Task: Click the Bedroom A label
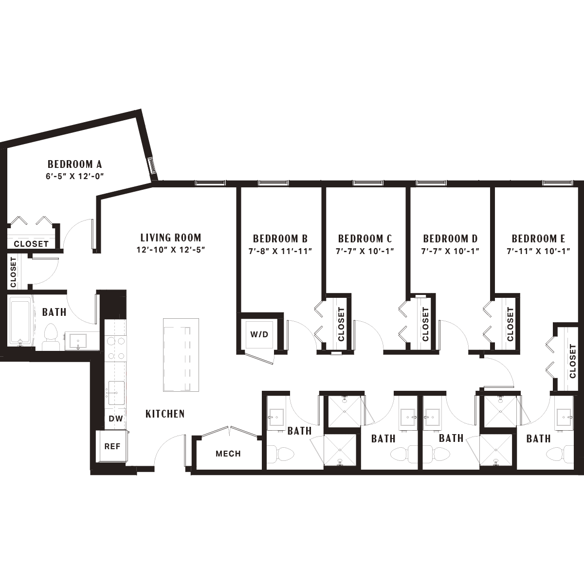(74, 164)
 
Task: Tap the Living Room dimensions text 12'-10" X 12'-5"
(171, 250)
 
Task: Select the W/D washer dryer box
(259, 334)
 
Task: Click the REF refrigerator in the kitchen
(112, 446)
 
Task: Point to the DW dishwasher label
(116, 419)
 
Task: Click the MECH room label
(228, 454)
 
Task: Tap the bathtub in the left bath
(20, 321)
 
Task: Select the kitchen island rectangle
(181, 355)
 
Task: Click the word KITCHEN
(165, 414)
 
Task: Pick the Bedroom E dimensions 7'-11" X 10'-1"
(539, 251)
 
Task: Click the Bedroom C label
(365, 239)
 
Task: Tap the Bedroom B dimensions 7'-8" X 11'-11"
(280, 251)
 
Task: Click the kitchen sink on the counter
(116, 393)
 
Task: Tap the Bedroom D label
(450, 239)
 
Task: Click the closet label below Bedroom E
(572, 361)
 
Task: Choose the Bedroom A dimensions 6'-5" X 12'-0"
(75, 176)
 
